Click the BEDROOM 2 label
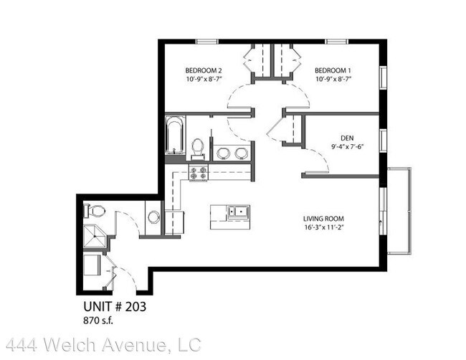click(x=203, y=70)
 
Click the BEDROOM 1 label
click(x=333, y=70)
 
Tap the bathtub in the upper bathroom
click(x=174, y=138)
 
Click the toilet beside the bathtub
click(x=198, y=146)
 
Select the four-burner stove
click(x=198, y=172)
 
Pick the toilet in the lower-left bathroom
click(x=95, y=211)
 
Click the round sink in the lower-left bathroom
click(x=153, y=217)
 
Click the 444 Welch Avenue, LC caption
click(x=100, y=346)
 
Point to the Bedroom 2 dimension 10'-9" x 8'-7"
click(x=203, y=80)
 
